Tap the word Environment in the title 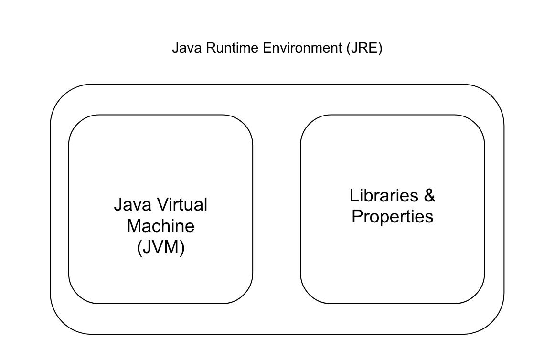[x=302, y=48]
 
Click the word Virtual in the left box [x=182, y=205]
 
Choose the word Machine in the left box [x=160, y=226]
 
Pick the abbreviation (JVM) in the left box [x=160, y=247]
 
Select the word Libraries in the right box [x=384, y=195]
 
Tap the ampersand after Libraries [x=429, y=195]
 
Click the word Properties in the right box [x=393, y=217]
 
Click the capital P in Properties [x=357, y=216]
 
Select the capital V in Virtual [x=162, y=205]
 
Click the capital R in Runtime [x=211, y=48]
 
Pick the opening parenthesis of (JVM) [x=139, y=247]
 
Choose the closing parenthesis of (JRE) [x=380, y=49]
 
